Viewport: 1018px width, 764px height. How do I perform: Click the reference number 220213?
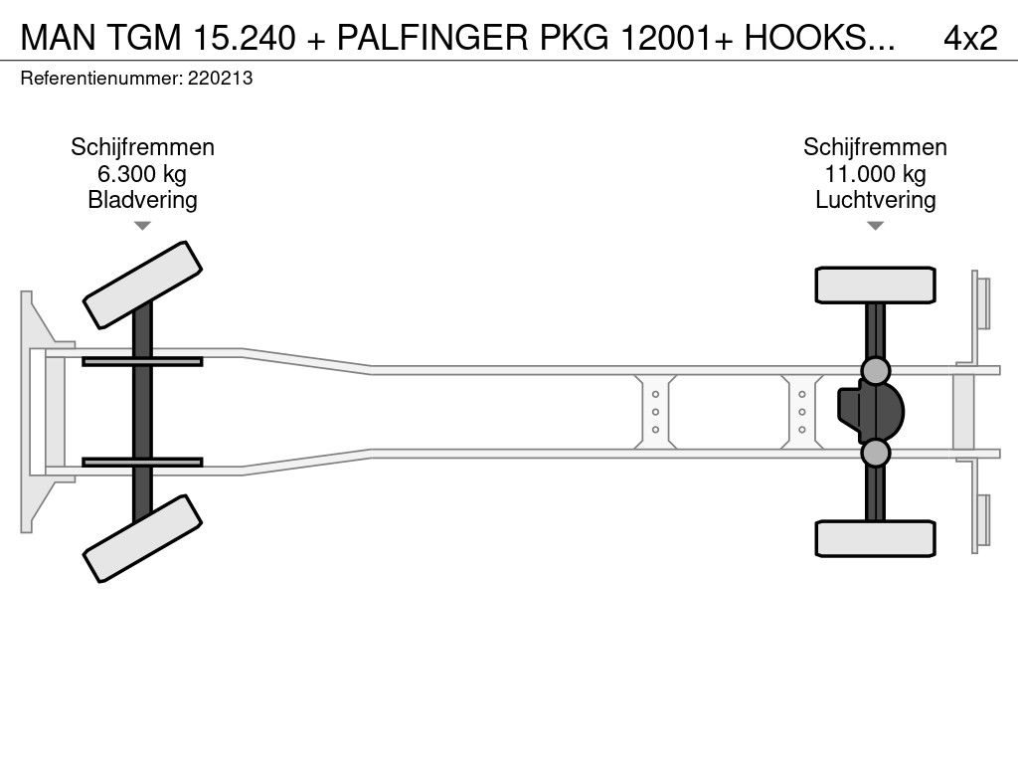click(x=220, y=79)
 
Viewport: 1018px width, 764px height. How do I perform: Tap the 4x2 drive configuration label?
click(x=969, y=38)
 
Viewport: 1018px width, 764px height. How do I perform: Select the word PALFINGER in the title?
click(x=424, y=38)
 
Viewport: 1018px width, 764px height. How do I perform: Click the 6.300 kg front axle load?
click(x=142, y=174)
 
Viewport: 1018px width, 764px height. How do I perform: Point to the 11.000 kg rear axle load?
click(x=875, y=174)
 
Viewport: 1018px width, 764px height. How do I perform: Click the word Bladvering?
click(x=142, y=200)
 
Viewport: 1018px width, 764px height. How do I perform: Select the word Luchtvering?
click(x=875, y=200)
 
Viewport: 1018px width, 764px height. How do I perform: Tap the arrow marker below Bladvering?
click(x=142, y=226)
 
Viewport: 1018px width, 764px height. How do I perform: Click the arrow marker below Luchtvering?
click(x=875, y=226)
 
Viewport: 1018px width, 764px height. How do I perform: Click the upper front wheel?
click(x=143, y=285)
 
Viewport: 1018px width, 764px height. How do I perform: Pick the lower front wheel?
click(x=143, y=539)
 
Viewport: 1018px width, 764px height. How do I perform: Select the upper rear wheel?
click(x=875, y=285)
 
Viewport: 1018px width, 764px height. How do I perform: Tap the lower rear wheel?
click(x=875, y=538)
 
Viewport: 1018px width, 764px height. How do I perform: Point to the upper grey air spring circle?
click(x=875, y=371)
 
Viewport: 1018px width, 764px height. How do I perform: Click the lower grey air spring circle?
click(x=875, y=454)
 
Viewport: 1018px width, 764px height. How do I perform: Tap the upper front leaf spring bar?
click(x=142, y=361)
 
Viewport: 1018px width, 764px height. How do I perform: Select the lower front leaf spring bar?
click(x=142, y=462)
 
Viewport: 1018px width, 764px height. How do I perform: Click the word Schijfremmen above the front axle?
click(x=142, y=147)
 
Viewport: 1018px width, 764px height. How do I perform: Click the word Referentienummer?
click(x=100, y=79)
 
